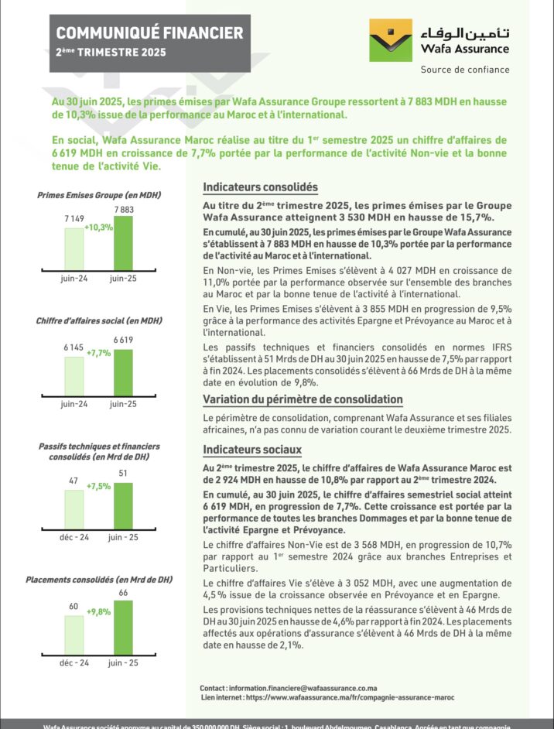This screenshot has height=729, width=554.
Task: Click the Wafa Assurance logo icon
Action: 391,40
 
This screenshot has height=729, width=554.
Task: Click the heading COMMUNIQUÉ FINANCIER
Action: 149,33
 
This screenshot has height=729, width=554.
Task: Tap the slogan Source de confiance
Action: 464,69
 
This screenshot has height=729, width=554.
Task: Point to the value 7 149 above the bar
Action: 74,221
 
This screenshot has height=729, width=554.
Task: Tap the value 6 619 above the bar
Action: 123,340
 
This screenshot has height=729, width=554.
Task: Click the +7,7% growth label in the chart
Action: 99,353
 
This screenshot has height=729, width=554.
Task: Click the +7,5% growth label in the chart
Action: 99,487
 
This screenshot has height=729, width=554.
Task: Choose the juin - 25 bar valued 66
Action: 123,628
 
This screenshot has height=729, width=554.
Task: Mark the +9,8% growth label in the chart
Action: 99,611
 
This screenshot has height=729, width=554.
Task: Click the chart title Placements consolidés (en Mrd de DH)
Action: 99,580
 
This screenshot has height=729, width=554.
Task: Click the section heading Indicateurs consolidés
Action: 260,187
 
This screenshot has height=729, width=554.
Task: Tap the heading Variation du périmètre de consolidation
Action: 303,399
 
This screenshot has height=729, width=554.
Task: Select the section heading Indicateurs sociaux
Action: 252,450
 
